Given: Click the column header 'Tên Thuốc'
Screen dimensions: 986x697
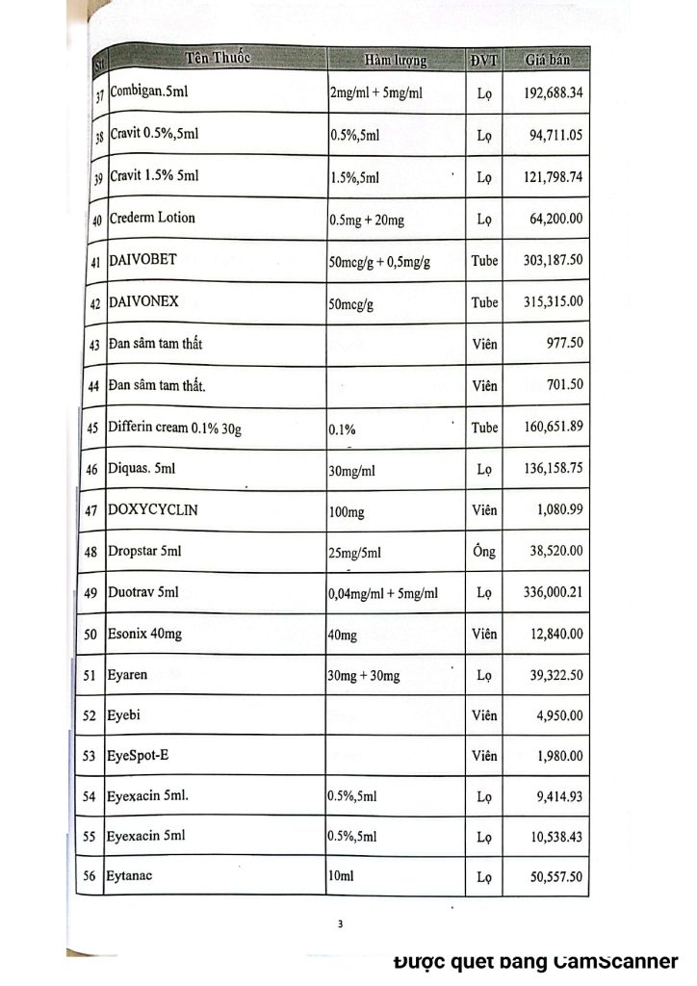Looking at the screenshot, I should (218, 58).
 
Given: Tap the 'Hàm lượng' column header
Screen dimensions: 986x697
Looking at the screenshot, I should (395, 61).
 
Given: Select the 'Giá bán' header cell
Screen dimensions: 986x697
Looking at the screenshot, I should (548, 61).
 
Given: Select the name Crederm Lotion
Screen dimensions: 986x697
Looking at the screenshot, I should (151, 218).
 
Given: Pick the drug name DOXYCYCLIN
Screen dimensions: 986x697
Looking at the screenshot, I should (152, 509).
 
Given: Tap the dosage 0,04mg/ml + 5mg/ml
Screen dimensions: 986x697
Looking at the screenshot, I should (383, 594).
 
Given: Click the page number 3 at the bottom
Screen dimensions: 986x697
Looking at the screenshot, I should (340, 925).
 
